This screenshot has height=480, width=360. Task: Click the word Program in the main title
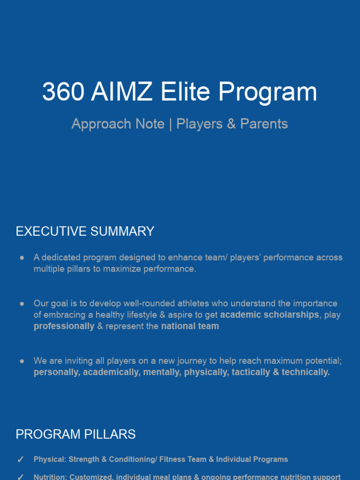268,92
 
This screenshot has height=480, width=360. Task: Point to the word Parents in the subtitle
264,124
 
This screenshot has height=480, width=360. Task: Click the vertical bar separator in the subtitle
170,124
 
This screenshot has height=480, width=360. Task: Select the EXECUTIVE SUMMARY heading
85,231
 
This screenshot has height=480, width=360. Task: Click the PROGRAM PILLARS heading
75,434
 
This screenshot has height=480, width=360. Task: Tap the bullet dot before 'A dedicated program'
22,258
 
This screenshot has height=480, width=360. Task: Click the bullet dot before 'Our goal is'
22,304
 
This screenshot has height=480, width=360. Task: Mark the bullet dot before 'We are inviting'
22,361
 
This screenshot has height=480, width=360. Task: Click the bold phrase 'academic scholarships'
270,315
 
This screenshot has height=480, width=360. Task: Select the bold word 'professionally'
64,326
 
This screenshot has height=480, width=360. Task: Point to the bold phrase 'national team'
190,326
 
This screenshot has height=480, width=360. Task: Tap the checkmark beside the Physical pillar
21,460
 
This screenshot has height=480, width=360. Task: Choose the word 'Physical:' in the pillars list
50,459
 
